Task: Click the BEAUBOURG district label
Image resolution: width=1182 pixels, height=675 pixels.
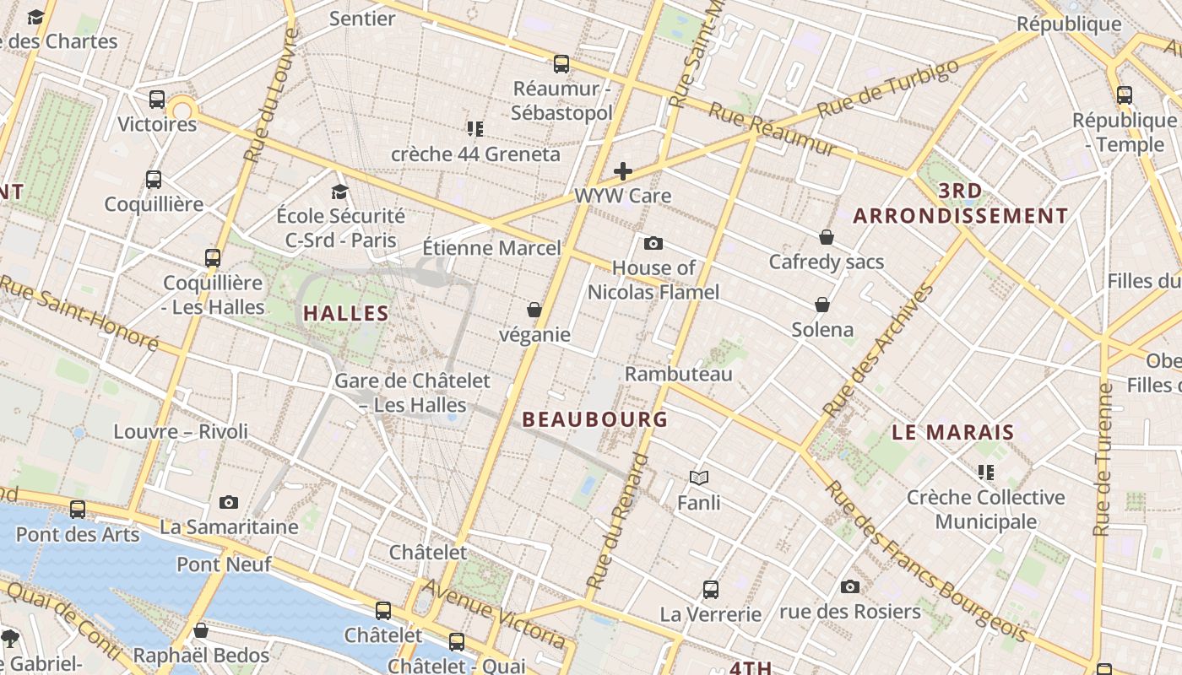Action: point(594,419)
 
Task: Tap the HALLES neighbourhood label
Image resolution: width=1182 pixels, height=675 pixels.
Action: point(346,313)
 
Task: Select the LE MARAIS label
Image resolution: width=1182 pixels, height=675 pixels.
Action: point(953,433)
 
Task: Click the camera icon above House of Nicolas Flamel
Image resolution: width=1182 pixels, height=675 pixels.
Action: point(653,244)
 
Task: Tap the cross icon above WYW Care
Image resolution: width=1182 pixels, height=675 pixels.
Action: point(623,171)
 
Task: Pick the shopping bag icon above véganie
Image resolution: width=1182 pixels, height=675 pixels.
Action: point(534,310)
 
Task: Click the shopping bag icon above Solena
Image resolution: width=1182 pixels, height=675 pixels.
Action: point(822,305)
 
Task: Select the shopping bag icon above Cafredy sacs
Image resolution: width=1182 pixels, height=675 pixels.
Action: point(826,238)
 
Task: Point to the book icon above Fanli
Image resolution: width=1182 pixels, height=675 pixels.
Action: point(698,478)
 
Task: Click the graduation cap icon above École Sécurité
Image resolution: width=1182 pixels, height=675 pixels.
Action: point(340,192)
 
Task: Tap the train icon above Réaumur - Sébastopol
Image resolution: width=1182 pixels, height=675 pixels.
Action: point(561,64)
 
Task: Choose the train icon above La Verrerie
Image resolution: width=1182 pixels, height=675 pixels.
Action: point(711,590)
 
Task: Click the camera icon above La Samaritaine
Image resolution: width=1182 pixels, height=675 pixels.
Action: point(229,503)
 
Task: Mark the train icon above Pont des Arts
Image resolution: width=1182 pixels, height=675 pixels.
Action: point(78,510)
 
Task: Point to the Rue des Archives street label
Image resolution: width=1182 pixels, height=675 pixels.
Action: point(880,350)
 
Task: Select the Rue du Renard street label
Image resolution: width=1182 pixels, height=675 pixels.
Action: point(617,522)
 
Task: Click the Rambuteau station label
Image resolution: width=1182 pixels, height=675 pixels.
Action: point(679,374)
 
